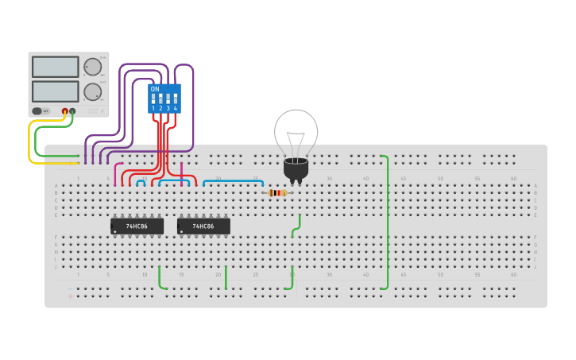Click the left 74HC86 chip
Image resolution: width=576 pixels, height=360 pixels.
tap(137, 226)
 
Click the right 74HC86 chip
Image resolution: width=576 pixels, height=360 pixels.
tap(203, 226)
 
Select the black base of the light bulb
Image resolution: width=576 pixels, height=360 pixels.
tap(296, 169)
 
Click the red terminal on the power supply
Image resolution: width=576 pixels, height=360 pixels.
tap(65, 111)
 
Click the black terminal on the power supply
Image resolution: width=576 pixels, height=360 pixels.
tap(72, 111)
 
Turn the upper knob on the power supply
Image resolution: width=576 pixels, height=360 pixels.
tap(93, 67)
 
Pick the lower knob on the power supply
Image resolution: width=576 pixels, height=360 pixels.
tap(93, 91)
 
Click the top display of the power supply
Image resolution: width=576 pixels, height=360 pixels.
tap(55, 67)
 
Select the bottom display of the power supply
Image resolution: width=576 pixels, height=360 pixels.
tap(55, 91)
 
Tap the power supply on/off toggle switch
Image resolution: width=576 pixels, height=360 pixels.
tap(37, 111)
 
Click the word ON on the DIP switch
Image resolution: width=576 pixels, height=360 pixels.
tap(154, 89)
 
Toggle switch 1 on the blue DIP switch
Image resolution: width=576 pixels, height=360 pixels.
tap(153, 99)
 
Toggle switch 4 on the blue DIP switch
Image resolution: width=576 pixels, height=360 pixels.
tap(175, 99)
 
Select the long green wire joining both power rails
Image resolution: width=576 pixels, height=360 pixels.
tap(387, 223)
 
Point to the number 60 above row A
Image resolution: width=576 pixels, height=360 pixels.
tap(513, 179)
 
